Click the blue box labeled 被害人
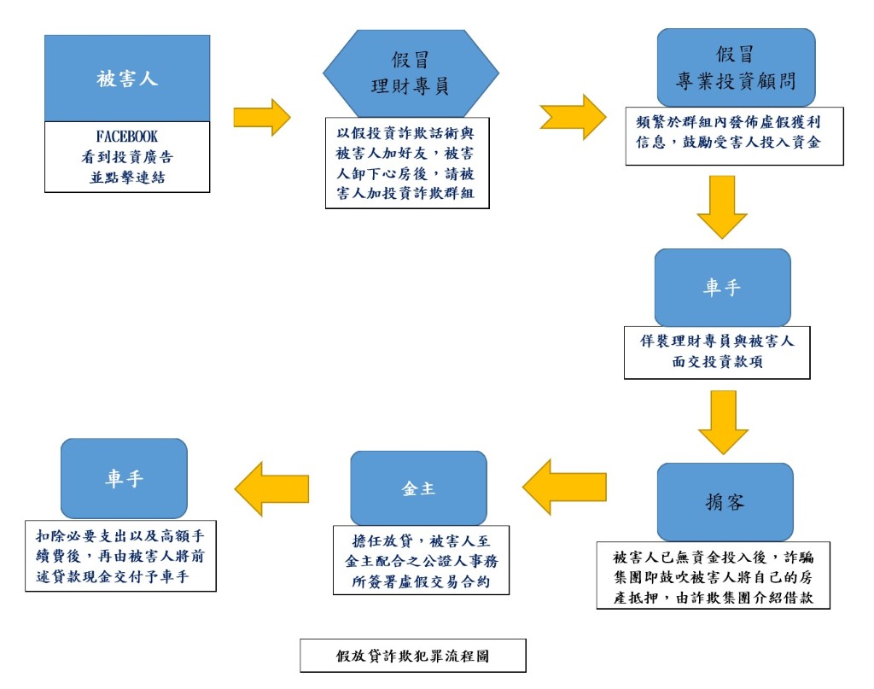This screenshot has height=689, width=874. [127, 78]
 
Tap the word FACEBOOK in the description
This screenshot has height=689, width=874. [126, 137]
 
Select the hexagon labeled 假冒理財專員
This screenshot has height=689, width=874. [411, 73]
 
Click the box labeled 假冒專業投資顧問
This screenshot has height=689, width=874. [736, 67]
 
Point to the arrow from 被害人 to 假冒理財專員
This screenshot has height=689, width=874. [262, 117]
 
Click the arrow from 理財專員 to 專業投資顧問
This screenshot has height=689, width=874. [573, 117]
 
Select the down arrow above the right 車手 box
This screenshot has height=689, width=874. [722, 207]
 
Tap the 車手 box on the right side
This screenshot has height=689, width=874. [722, 288]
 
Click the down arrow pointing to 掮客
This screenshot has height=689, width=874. [724, 422]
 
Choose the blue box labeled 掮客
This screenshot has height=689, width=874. [725, 502]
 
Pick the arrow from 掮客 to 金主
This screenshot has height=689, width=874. [564, 487]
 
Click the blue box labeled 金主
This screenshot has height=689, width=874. [418, 488]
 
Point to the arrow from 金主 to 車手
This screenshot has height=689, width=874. [271, 489]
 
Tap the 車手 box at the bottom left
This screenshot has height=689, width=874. [124, 478]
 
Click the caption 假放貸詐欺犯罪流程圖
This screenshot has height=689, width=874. [412, 656]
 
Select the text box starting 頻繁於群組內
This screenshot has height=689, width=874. [735, 136]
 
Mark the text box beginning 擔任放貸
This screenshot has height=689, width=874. [421, 560]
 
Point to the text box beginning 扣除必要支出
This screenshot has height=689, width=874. [120, 556]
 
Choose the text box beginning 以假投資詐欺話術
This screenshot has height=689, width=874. [407, 163]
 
